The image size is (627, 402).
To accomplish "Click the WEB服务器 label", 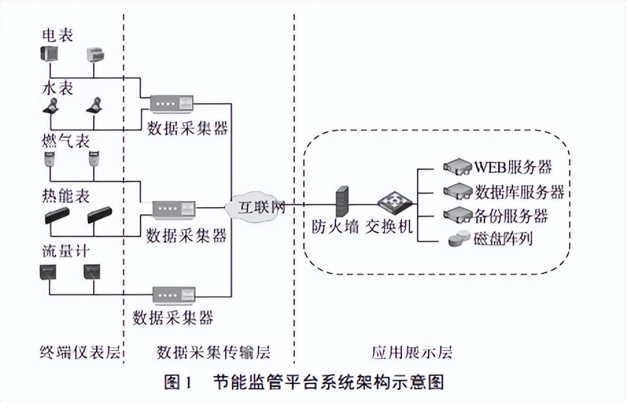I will click(x=512, y=167).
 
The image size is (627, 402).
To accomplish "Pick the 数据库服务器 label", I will click(x=519, y=191).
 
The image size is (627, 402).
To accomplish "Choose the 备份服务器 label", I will click(x=511, y=215).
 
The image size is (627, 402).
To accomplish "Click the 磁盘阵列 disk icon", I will click(x=459, y=239).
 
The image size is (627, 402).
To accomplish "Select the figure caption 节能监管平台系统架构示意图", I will click(x=329, y=381).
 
